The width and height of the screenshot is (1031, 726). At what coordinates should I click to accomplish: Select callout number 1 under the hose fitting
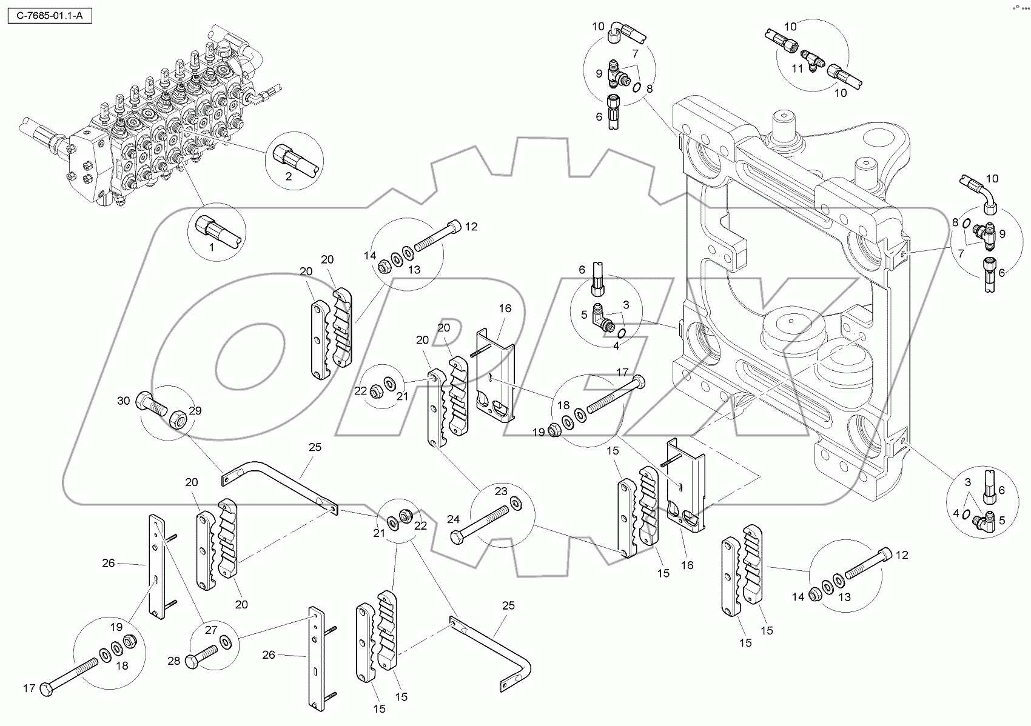[x=211, y=247]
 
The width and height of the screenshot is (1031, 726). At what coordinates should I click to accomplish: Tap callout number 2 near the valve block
[x=288, y=177]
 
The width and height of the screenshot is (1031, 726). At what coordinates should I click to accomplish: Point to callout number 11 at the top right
[x=798, y=68]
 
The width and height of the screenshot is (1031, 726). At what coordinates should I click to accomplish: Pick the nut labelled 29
[x=178, y=418]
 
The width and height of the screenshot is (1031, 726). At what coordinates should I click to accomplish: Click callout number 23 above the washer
[x=500, y=491]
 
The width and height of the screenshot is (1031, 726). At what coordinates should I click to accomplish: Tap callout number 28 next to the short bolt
[x=173, y=661]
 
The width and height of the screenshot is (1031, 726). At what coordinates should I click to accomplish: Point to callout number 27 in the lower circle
[x=210, y=630]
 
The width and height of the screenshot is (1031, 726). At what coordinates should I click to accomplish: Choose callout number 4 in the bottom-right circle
[x=956, y=513]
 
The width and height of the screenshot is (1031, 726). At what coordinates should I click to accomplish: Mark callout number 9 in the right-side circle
[x=1002, y=234]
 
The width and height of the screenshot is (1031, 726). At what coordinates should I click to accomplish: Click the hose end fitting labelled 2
[x=285, y=155]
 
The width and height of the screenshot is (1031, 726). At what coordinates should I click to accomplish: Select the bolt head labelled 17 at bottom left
[x=46, y=689]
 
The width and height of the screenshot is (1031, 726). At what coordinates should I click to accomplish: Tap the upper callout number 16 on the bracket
[x=505, y=308]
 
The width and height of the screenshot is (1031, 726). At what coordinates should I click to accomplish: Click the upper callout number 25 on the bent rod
[x=315, y=447]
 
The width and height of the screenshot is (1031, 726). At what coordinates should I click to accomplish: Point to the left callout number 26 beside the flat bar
[x=108, y=563]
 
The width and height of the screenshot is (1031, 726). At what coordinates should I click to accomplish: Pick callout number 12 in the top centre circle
[x=471, y=227]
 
